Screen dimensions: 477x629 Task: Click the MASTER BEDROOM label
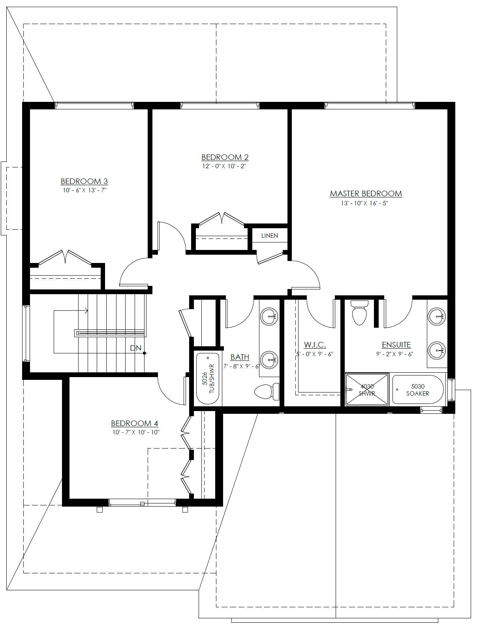point(366,194)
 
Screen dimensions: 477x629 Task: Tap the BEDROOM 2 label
point(225,157)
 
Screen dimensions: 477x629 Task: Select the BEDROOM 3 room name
point(84,181)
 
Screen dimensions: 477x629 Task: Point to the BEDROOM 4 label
point(134,423)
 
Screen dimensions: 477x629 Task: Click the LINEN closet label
point(270,236)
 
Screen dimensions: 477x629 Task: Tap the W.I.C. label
point(315,345)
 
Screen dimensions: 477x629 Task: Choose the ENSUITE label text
point(396,345)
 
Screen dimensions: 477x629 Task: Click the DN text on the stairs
point(136,348)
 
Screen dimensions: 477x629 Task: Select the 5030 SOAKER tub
point(418,390)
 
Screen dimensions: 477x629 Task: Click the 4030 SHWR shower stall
point(367,390)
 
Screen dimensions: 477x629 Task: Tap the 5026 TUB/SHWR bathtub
point(208,379)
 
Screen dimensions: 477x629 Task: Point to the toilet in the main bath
point(267,391)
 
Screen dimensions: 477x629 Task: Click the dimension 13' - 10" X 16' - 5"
point(364,203)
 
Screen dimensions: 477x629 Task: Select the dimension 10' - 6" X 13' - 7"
point(85,190)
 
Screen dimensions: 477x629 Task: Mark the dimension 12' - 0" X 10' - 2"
point(224,166)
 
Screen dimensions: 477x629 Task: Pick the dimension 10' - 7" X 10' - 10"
point(136,432)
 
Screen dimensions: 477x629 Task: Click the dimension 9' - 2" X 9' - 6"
point(395,354)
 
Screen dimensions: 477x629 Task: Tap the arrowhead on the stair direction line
point(86,311)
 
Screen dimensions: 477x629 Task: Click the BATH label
point(240,357)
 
